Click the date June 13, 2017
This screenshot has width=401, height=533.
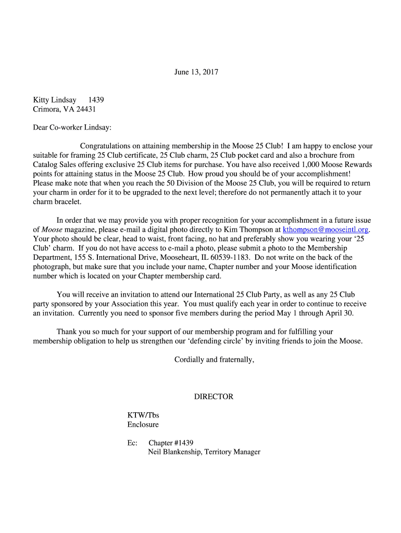[196, 72]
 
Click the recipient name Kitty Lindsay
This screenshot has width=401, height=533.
[55, 99]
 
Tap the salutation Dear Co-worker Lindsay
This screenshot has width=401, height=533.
[72, 128]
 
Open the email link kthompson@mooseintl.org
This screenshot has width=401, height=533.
[325, 230]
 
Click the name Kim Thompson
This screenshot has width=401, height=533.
[245, 230]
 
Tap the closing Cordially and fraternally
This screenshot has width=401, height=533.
[214, 360]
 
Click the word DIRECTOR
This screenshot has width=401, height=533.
[214, 397]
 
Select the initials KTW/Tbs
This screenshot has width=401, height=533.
[143, 415]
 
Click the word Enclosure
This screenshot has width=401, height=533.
[143, 425]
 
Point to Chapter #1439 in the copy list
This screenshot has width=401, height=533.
[171, 443]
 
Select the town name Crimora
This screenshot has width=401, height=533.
[46, 109]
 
